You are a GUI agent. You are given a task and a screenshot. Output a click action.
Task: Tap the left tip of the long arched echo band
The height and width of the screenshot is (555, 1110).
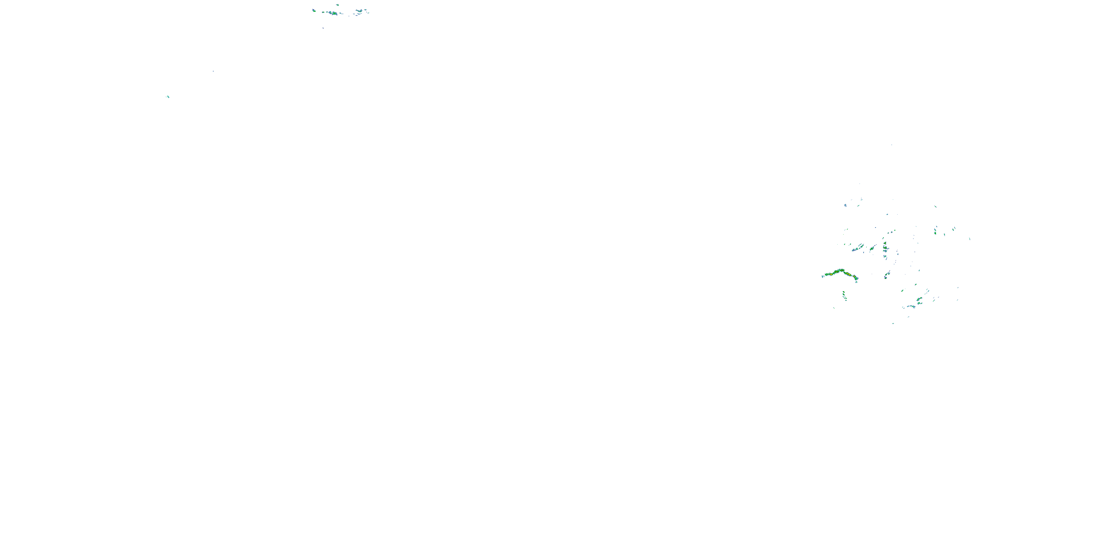click(x=823, y=276)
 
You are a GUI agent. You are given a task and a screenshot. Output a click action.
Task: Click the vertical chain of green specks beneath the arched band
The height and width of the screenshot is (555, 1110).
click(x=844, y=296)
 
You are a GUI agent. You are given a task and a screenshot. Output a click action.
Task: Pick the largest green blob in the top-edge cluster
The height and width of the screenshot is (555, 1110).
click(x=333, y=13)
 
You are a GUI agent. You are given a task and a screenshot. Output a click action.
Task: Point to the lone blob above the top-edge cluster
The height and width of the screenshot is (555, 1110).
click(x=337, y=5)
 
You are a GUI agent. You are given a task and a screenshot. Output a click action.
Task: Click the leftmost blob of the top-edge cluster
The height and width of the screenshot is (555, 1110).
click(x=314, y=10)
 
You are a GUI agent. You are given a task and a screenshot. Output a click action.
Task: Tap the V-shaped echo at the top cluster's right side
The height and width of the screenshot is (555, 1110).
click(x=359, y=11)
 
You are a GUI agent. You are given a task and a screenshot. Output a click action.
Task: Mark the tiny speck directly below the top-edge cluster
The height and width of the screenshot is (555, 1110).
click(x=323, y=28)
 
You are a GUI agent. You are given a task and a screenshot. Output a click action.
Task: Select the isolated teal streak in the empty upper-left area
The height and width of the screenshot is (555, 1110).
click(x=168, y=97)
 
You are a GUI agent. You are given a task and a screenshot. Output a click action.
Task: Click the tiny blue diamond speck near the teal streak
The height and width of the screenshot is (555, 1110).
click(x=213, y=71)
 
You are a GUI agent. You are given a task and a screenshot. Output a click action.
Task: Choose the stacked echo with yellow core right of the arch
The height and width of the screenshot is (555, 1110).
click(x=885, y=246)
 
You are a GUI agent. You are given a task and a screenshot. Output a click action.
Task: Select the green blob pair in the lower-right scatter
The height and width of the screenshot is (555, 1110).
click(x=919, y=299)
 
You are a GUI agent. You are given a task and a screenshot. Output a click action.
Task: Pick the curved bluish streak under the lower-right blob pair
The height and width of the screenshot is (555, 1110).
click(x=910, y=307)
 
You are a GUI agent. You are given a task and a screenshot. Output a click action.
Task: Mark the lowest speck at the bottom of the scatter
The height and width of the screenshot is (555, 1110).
click(x=893, y=323)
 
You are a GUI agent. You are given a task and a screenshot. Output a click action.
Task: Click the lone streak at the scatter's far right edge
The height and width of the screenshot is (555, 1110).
click(x=969, y=238)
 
